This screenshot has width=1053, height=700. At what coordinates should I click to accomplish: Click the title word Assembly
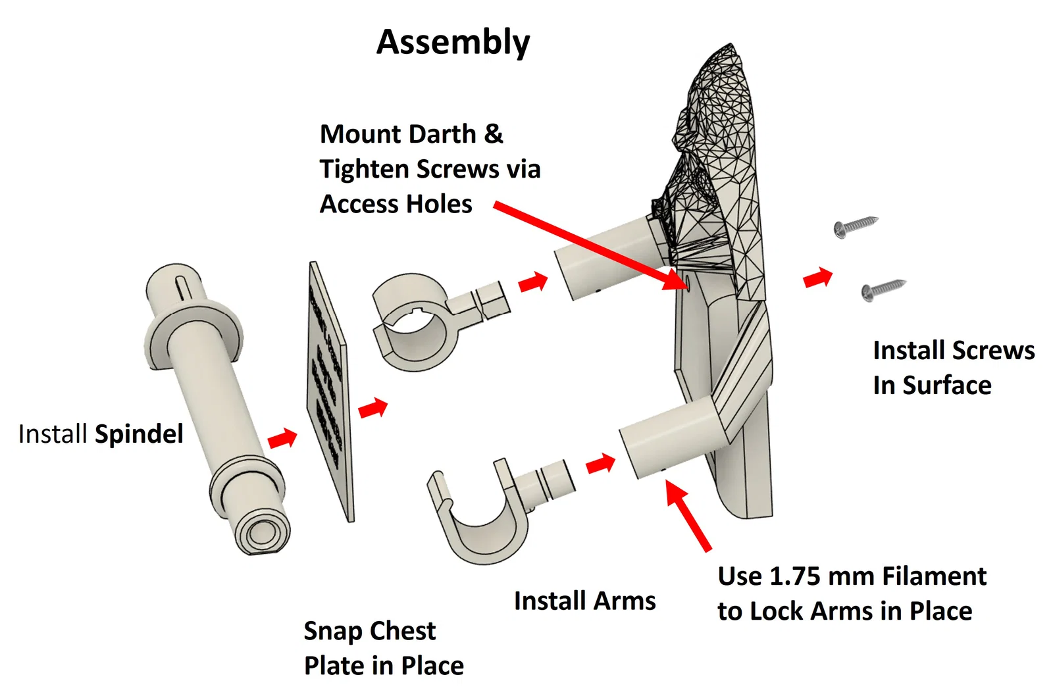pyautogui.click(x=453, y=43)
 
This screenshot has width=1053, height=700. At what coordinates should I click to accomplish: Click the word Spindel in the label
pyautogui.click(x=139, y=434)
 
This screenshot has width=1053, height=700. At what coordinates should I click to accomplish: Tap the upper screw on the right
pyautogui.click(x=856, y=226)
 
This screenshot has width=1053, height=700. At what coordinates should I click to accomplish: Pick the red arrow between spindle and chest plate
pyautogui.click(x=282, y=438)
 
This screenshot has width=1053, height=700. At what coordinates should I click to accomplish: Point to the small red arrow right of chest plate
pyautogui.click(x=373, y=409)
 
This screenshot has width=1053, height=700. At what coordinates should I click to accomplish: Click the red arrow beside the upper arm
pyautogui.click(x=533, y=283)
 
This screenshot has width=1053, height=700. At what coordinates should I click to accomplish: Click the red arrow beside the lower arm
pyautogui.click(x=600, y=464)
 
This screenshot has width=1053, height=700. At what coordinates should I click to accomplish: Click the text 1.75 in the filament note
pyautogui.click(x=795, y=576)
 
